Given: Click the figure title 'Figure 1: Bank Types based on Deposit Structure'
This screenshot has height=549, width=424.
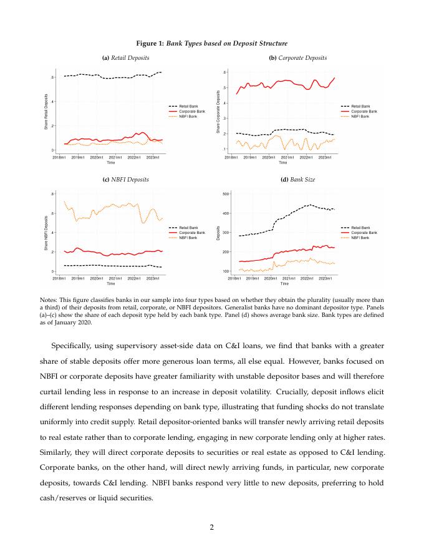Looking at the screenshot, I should (212, 43).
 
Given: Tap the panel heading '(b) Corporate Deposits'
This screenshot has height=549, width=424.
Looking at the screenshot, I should (297, 58).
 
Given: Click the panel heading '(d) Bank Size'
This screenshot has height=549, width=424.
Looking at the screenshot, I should (297, 179).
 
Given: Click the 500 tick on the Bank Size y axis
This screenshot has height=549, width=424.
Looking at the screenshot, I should (226, 194).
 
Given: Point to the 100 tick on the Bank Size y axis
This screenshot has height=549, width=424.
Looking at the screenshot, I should (226, 271).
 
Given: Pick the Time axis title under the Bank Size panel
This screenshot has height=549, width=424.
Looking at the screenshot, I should (284, 283).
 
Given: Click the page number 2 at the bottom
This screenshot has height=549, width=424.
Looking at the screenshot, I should (212, 528).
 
